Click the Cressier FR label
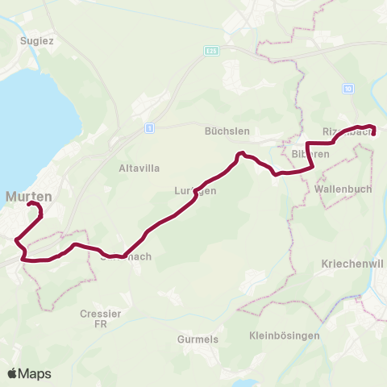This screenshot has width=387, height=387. [x=101, y=318]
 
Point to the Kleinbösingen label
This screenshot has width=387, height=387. [x=285, y=335]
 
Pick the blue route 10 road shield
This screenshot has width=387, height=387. [x=348, y=88]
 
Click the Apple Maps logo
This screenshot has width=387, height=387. [x=29, y=373]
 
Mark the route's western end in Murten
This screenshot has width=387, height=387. [x=31, y=205]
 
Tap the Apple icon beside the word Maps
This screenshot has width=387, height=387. [x=12, y=373]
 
